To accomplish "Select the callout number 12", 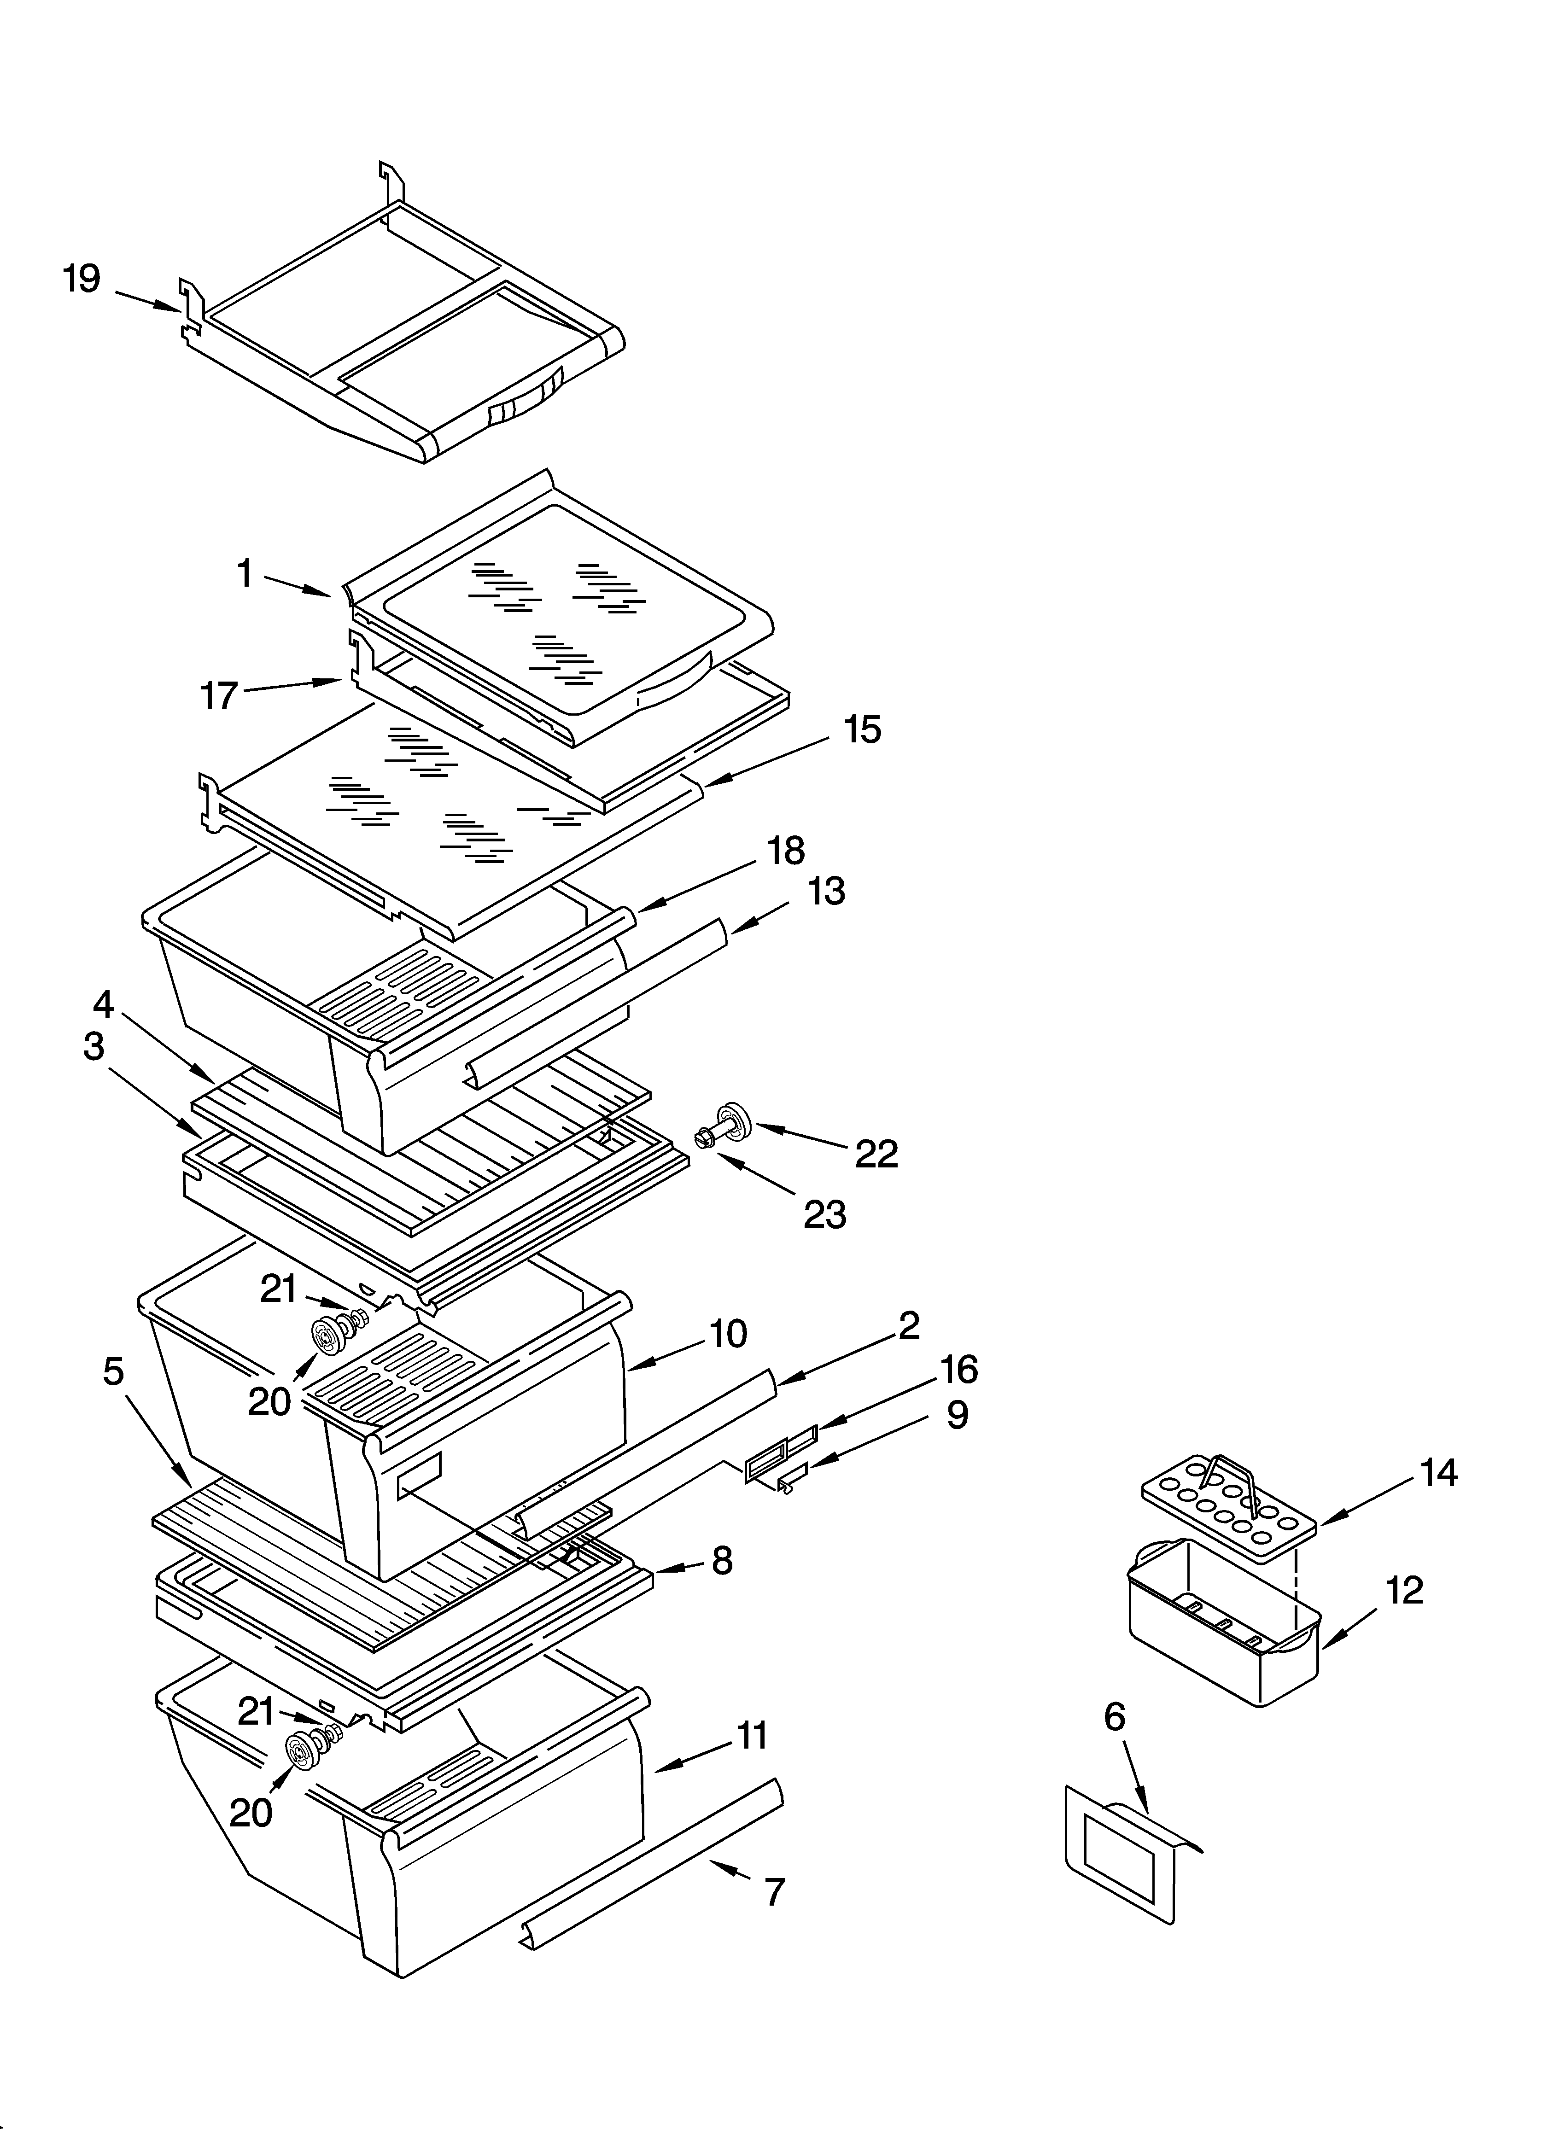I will tap(1404, 1590).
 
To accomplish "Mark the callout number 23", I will tap(824, 1215).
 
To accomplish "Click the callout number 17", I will tap(219, 695).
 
